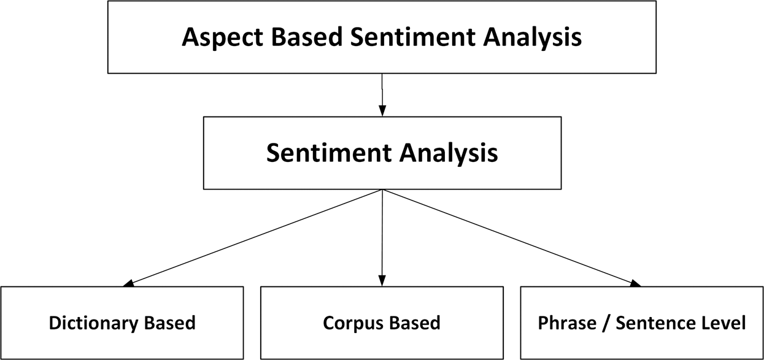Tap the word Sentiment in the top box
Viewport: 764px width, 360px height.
(412, 37)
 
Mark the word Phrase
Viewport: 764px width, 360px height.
(563, 323)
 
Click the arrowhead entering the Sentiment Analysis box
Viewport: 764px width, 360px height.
(382, 111)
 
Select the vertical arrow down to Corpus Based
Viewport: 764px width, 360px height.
(382, 239)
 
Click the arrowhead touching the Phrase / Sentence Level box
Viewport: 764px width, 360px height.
(635, 283)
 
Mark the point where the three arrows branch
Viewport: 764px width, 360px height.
(382, 190)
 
